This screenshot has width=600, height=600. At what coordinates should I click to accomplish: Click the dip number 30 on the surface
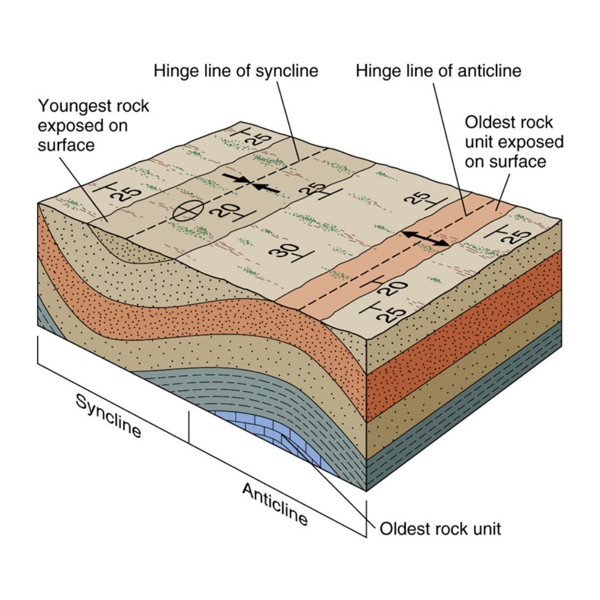coord(285,252)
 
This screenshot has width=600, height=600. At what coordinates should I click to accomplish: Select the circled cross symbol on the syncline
coord(188,210)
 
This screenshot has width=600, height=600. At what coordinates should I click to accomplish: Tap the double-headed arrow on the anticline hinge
coord(426,238)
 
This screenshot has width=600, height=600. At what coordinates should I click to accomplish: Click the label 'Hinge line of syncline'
coord(236,71)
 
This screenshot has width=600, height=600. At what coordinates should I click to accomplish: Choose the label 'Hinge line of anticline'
coord(438,71)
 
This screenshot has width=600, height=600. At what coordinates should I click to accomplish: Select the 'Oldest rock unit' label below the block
coord(440,529)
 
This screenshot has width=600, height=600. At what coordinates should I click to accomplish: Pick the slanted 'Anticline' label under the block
coord(275,504)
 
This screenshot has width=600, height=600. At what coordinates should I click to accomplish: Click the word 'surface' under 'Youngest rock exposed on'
coord(66,146)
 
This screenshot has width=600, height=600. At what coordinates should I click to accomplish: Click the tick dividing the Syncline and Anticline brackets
coord(189,427)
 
